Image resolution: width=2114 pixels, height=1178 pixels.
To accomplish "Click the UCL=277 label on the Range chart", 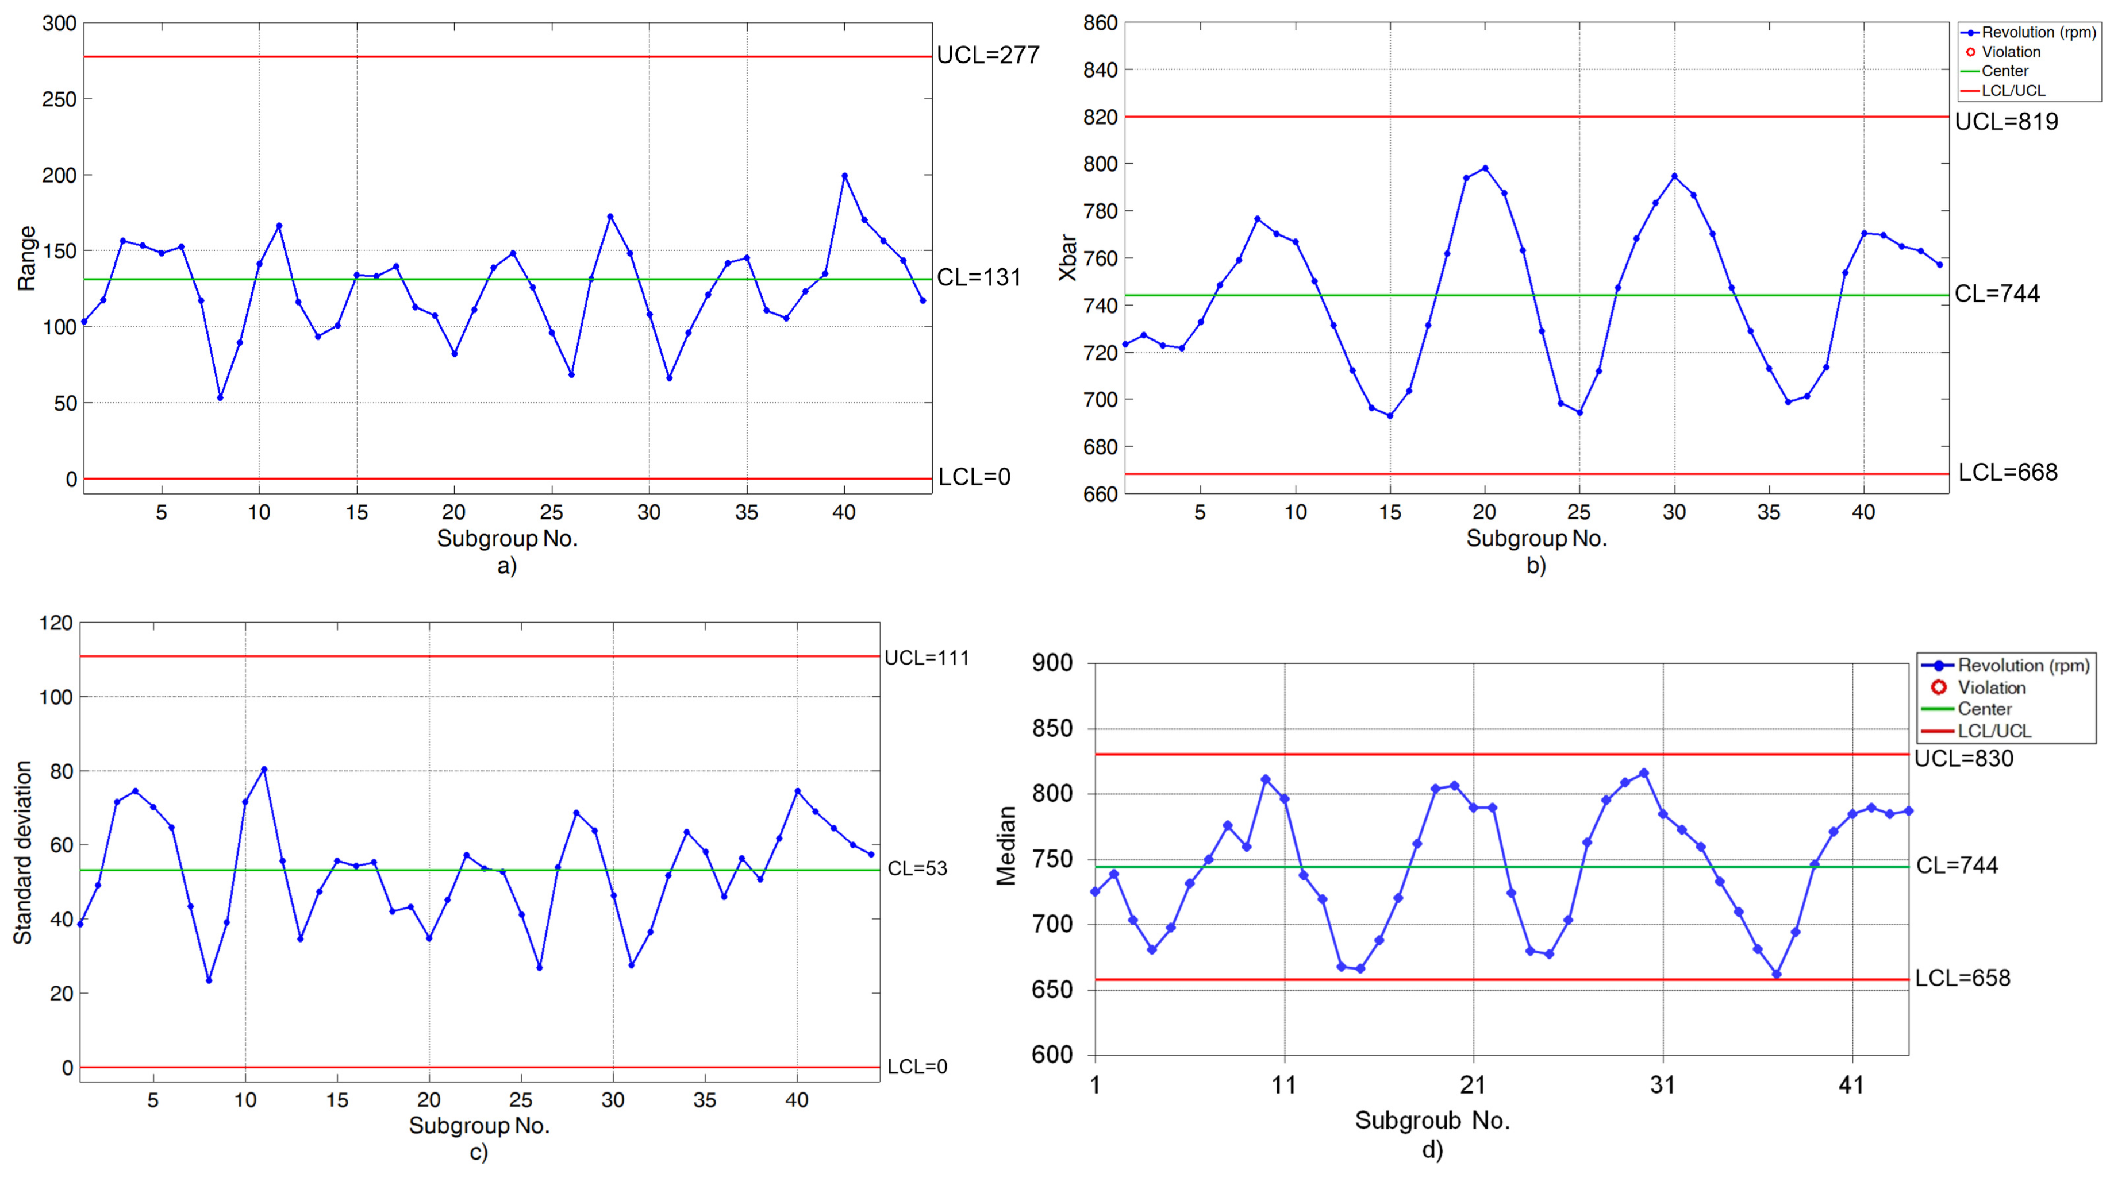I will pyautogui.click(x=987, y=55).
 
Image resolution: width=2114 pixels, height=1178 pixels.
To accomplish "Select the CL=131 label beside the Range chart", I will pyautogui.click(x=978, y=277).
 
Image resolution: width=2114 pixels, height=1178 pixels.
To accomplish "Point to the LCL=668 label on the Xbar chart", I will pyautogui.click(x=2007, y=473).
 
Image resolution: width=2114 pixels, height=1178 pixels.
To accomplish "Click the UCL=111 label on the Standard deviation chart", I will pyautogui.click(x=926, y=658).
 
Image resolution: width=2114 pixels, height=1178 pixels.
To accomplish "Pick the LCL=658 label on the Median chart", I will pyautogui.click(x=1962, y=978).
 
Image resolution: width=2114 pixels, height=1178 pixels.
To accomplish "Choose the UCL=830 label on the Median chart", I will pyautogui.click(x=1963, y=759).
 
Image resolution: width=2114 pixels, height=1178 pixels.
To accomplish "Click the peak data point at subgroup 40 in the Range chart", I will pyautogui.click(x=844, y=176).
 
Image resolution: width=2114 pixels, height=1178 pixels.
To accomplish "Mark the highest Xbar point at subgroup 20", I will pyautogui.click(x=1485, y=168).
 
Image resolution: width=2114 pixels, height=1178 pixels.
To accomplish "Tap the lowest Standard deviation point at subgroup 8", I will pyautogui.click(x=209, y=980).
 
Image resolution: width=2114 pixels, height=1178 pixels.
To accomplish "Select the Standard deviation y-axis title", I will pyautogui.click(x=23, y=852).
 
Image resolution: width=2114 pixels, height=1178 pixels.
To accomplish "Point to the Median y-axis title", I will pyautogui.click(x=1006, y=845).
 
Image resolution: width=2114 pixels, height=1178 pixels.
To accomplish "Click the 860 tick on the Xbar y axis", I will pyautogui.click(x=1100, y=23).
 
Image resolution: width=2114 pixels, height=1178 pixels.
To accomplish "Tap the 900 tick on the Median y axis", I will pyautogui.click(x=1051, y=663).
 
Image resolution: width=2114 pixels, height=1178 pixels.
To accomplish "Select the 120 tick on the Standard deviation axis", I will pyautogui.click(x=56, y=623).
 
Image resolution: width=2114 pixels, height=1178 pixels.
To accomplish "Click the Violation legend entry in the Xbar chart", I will pyautogui.click(x=2010, y=52).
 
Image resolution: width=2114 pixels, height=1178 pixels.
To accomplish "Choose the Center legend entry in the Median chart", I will pyautogui.click(x=1984, y=709).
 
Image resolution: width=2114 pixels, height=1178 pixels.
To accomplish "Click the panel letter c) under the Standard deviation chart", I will pyautogui.click(x=478, y=1153).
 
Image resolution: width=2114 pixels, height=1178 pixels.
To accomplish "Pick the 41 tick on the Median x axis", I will pyautogui.click(x=1851, y=1086).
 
